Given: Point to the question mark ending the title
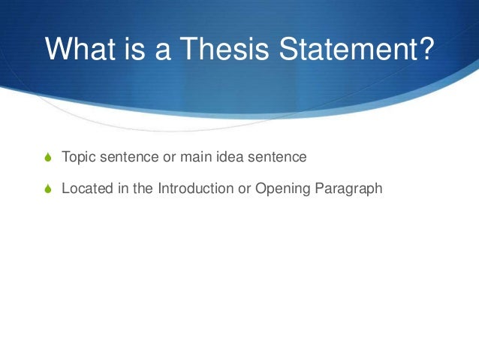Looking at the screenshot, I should pyautogui.click(x=426, y=50).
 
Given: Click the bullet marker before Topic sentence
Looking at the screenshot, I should pyautogui.click(x=48, y=159).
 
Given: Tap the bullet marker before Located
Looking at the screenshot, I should pyautogui.click(x=48, y=189).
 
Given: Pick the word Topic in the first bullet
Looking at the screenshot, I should pyautogui.click(x=77, y=159).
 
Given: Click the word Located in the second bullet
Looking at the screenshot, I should pyautogui.click(x=84, y=189).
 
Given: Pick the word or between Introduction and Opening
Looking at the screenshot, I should pyautogui.click(x=244, y=189).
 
